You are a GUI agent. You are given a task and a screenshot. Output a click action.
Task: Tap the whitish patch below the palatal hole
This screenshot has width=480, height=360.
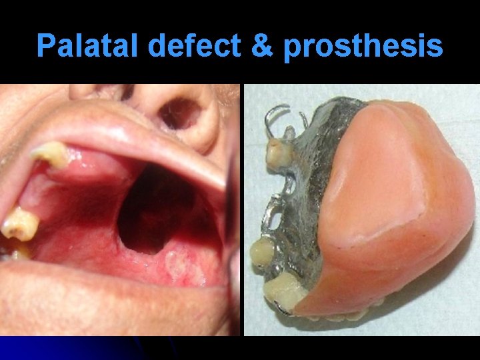pyautogui.click(x=175, y=267)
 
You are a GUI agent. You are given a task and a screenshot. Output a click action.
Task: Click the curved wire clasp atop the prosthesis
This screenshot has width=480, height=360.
pyautogui.click(x=275, y=120)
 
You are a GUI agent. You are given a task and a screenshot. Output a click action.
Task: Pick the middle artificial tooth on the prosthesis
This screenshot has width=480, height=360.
pyautogui.click(x=261, y=252)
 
